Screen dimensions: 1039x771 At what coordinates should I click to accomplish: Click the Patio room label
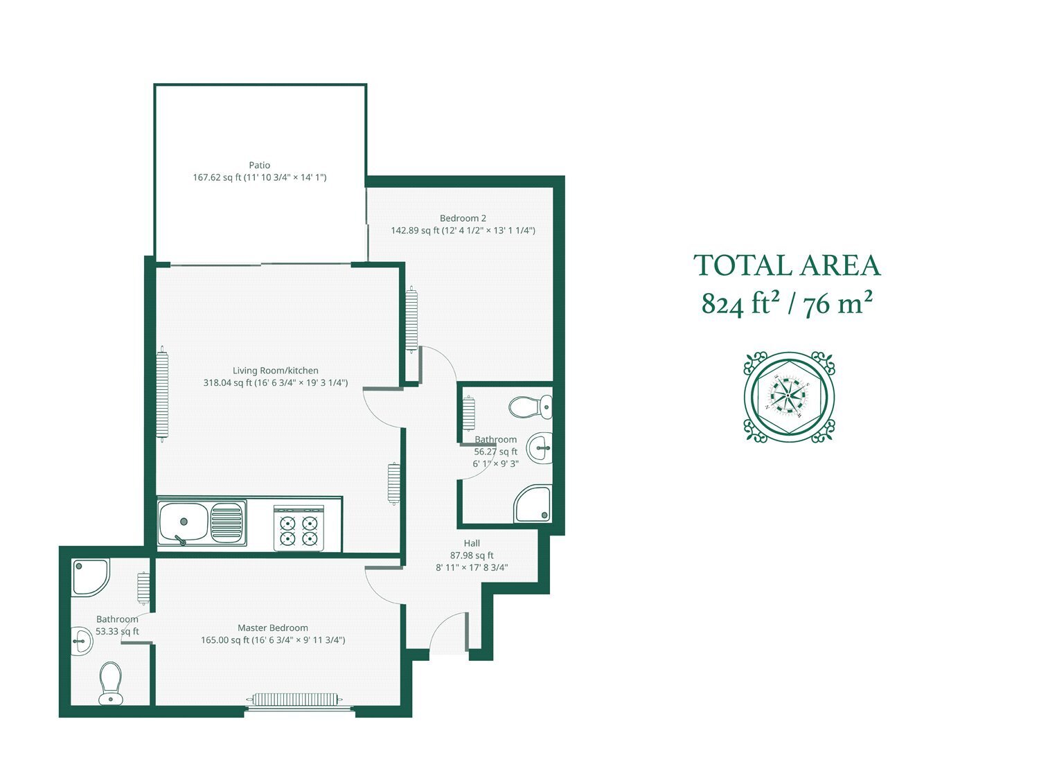[x=259, y=165]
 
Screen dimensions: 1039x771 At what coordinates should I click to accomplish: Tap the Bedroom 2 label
[x=463, y=218]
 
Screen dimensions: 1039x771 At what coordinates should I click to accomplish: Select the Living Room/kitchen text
[x=276, y=371]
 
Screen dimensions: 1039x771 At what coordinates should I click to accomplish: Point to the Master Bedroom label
[x=273, y=628]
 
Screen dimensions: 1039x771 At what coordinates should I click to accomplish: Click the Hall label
[x=472, y=543]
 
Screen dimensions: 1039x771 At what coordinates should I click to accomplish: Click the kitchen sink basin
[x=183, y=522]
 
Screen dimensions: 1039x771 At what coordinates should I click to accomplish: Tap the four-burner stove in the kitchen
[x=299, y=529]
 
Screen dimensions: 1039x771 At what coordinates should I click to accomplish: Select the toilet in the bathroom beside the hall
[x=531, y=407]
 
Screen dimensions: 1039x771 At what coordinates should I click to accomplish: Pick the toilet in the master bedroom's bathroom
[x=111, y=683]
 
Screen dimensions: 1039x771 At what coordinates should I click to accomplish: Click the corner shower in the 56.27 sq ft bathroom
[x=533, y=504]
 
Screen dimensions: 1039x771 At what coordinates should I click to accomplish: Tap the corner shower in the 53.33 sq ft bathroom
[x=91, y=577]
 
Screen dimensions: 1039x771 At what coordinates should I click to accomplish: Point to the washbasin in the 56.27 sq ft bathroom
[x=540, y=447]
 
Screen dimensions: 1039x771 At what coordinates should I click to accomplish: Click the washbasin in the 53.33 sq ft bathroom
[x=82, y=641]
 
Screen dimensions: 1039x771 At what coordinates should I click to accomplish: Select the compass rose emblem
[x=789, y=396]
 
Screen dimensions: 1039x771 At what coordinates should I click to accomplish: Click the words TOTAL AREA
[x=787, y=265]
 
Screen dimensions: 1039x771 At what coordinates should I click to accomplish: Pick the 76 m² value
[x=838, y=303]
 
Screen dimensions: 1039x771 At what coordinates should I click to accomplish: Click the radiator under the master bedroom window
[x=294, y=699]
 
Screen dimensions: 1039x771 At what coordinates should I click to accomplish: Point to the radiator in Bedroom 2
[x=411, y=319]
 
